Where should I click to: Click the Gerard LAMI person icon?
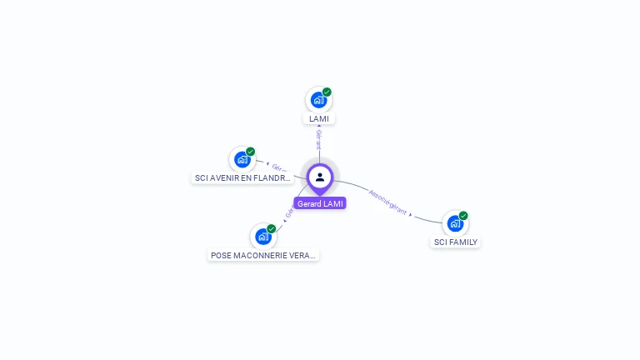pyautogui.click(x=320, y=177)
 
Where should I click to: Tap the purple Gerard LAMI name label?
pyautogui.click(x=320, y=203)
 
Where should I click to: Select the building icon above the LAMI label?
pyautogui.click(x=318, y=100)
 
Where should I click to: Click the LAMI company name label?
pyautogui.click(x=319, y=118)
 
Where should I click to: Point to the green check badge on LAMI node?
pyautogui.click(x=327, y=92)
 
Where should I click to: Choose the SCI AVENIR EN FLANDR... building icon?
pyautogui.click(x=242, y=159)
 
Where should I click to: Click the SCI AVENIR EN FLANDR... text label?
pyautogui.click(x=243, y=177)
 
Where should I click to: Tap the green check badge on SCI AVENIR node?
pyautogui.click(x=250, y=152)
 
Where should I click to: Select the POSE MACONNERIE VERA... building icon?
pyautogui.click(x=263, y=236)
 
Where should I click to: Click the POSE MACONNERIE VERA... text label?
pyautogui.click(x=263, y=255)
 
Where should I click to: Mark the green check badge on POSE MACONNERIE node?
pyautogui.click(x=272, y=228)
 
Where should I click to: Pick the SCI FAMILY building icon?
pyautogui.click(x=455, y=223)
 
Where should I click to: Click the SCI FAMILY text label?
pyautogui.click(x=456, y=242)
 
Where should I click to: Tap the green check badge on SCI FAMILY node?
pyautogui.click(x=463, y=216)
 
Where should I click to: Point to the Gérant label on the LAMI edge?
pyautogui.click(x=318, y=140)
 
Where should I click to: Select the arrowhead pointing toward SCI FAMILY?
pyautogui.click(x=411, y=215)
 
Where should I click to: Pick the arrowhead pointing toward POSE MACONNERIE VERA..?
pyautogui.click(x=284, y=221)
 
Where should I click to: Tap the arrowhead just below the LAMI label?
pyautogui.click(x=319, y=127)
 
